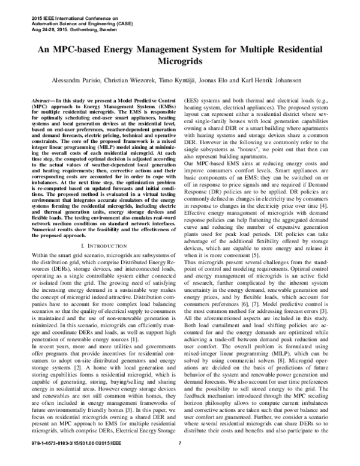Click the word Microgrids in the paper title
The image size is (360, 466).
(179, 61)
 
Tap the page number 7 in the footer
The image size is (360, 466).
(180, 461)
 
